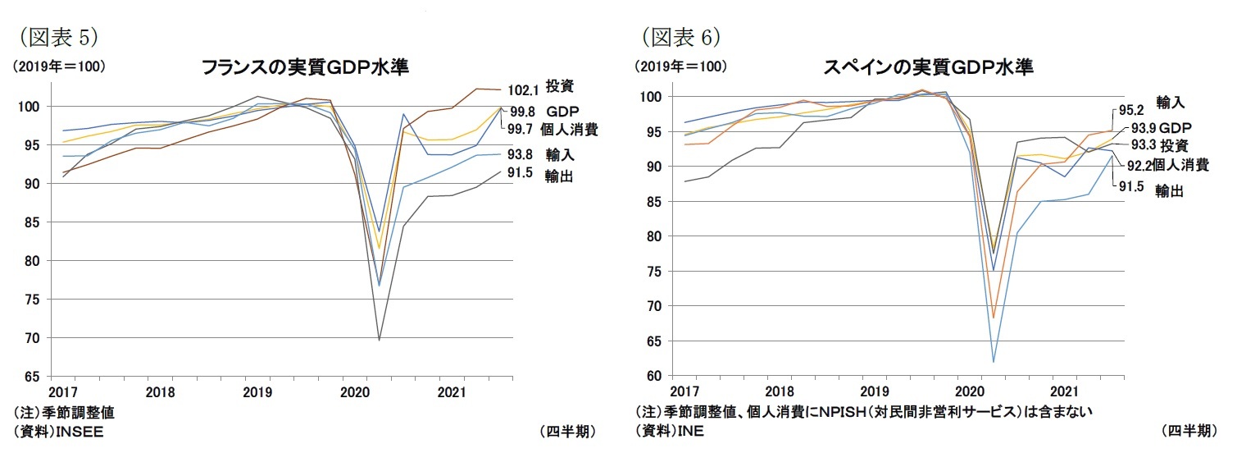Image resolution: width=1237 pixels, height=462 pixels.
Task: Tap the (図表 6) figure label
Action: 680,37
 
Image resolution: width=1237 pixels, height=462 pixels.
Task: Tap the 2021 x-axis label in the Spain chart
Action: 1064,391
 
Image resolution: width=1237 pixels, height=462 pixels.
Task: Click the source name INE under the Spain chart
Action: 690,432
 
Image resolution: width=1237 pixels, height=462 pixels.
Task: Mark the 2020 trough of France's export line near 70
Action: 380,340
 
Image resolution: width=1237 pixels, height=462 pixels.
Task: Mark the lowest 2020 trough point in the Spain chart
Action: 993,362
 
